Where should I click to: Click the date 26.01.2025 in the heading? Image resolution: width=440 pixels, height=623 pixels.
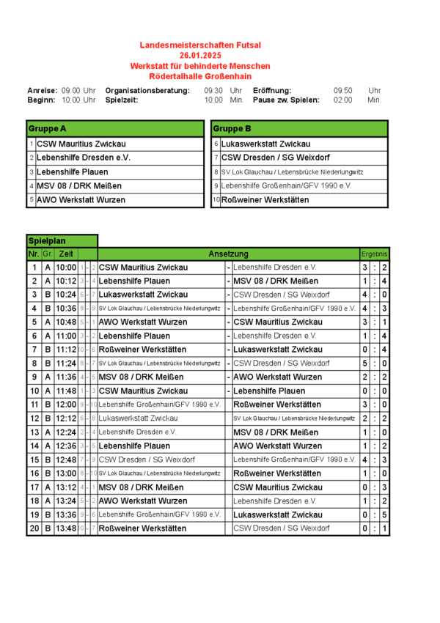[200, 55]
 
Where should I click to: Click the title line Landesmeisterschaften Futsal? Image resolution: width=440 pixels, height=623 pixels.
[200, 45]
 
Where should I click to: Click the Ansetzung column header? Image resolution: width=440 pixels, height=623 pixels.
[228, 254]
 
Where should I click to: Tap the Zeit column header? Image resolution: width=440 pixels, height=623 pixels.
[66, 254]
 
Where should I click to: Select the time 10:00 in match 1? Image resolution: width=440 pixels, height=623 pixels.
[66, 268]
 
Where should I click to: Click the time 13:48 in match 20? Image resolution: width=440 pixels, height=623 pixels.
[66, 528]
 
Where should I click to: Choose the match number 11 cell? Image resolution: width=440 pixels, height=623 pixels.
[34, 405]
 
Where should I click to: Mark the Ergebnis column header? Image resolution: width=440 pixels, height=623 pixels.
[375, 254]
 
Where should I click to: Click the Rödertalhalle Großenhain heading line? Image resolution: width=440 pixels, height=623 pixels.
[200, 75]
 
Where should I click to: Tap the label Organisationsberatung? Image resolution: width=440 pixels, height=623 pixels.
[148, 90]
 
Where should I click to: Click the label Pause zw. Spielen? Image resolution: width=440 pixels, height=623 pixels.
[286, 100]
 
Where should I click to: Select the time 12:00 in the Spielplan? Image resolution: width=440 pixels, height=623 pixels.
[66, 405]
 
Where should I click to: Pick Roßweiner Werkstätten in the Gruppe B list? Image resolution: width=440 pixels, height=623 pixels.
[265, 199]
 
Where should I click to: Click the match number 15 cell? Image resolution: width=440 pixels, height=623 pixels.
[34, 460]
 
